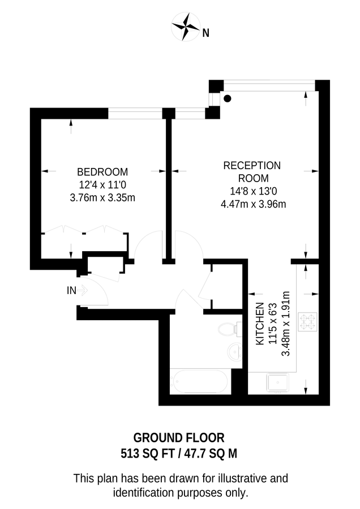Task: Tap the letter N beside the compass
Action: (x=206, y=33)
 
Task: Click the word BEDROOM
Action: (x=102, y=172)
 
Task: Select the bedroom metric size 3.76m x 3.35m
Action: (x=102, y=197)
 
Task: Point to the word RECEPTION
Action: (x=252, y=166)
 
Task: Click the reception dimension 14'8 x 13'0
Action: (x=253, y=191)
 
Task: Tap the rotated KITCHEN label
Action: (x=260, y=324)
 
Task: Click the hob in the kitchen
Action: (x=309, y=322)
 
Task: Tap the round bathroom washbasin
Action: (x=235, y=353)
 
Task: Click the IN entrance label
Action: (x=71, y=291)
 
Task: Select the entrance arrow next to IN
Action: (x=83, y=291)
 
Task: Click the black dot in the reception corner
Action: (x=228, y=98)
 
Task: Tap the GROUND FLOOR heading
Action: (x=179, y=438)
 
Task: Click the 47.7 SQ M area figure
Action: (x=214, y=453)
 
